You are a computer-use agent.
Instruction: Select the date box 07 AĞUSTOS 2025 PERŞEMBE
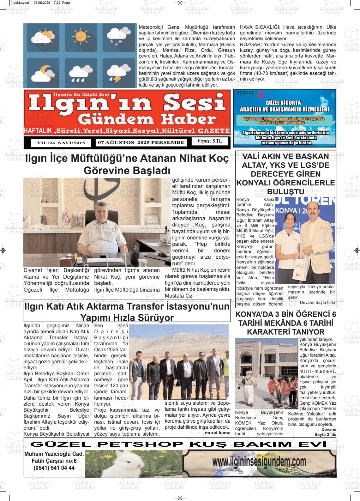pos(141,142)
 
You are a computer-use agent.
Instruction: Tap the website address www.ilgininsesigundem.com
pos(259,462)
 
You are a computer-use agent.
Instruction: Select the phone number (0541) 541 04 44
pos(54,468)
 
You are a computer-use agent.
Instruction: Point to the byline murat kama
pos(218,432)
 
